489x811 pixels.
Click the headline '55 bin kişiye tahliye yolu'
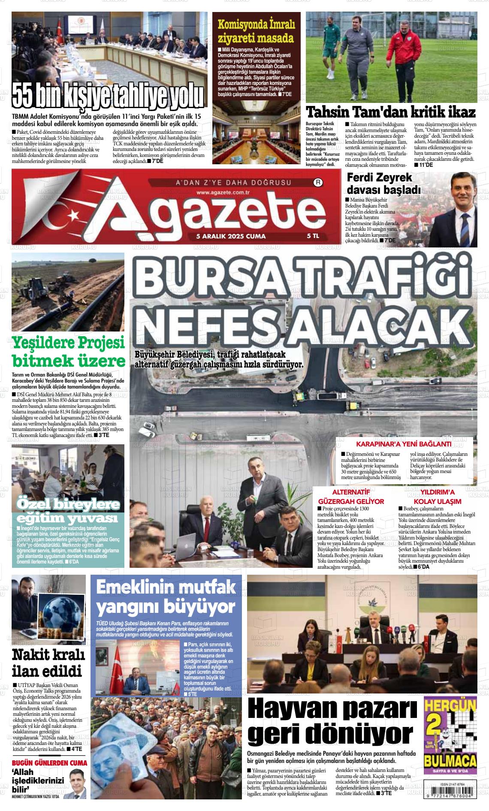point(108,96)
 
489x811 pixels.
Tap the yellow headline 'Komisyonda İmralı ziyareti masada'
point(256,31)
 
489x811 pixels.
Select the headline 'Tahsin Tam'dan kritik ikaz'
point(390,112)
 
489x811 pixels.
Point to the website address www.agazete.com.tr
point(223,193)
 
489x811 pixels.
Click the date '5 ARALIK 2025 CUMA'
point(231,236)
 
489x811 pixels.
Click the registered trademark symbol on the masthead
point(318,182)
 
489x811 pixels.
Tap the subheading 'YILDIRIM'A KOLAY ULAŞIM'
point(437,497)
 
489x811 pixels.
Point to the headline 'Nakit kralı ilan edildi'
point(48,663)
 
